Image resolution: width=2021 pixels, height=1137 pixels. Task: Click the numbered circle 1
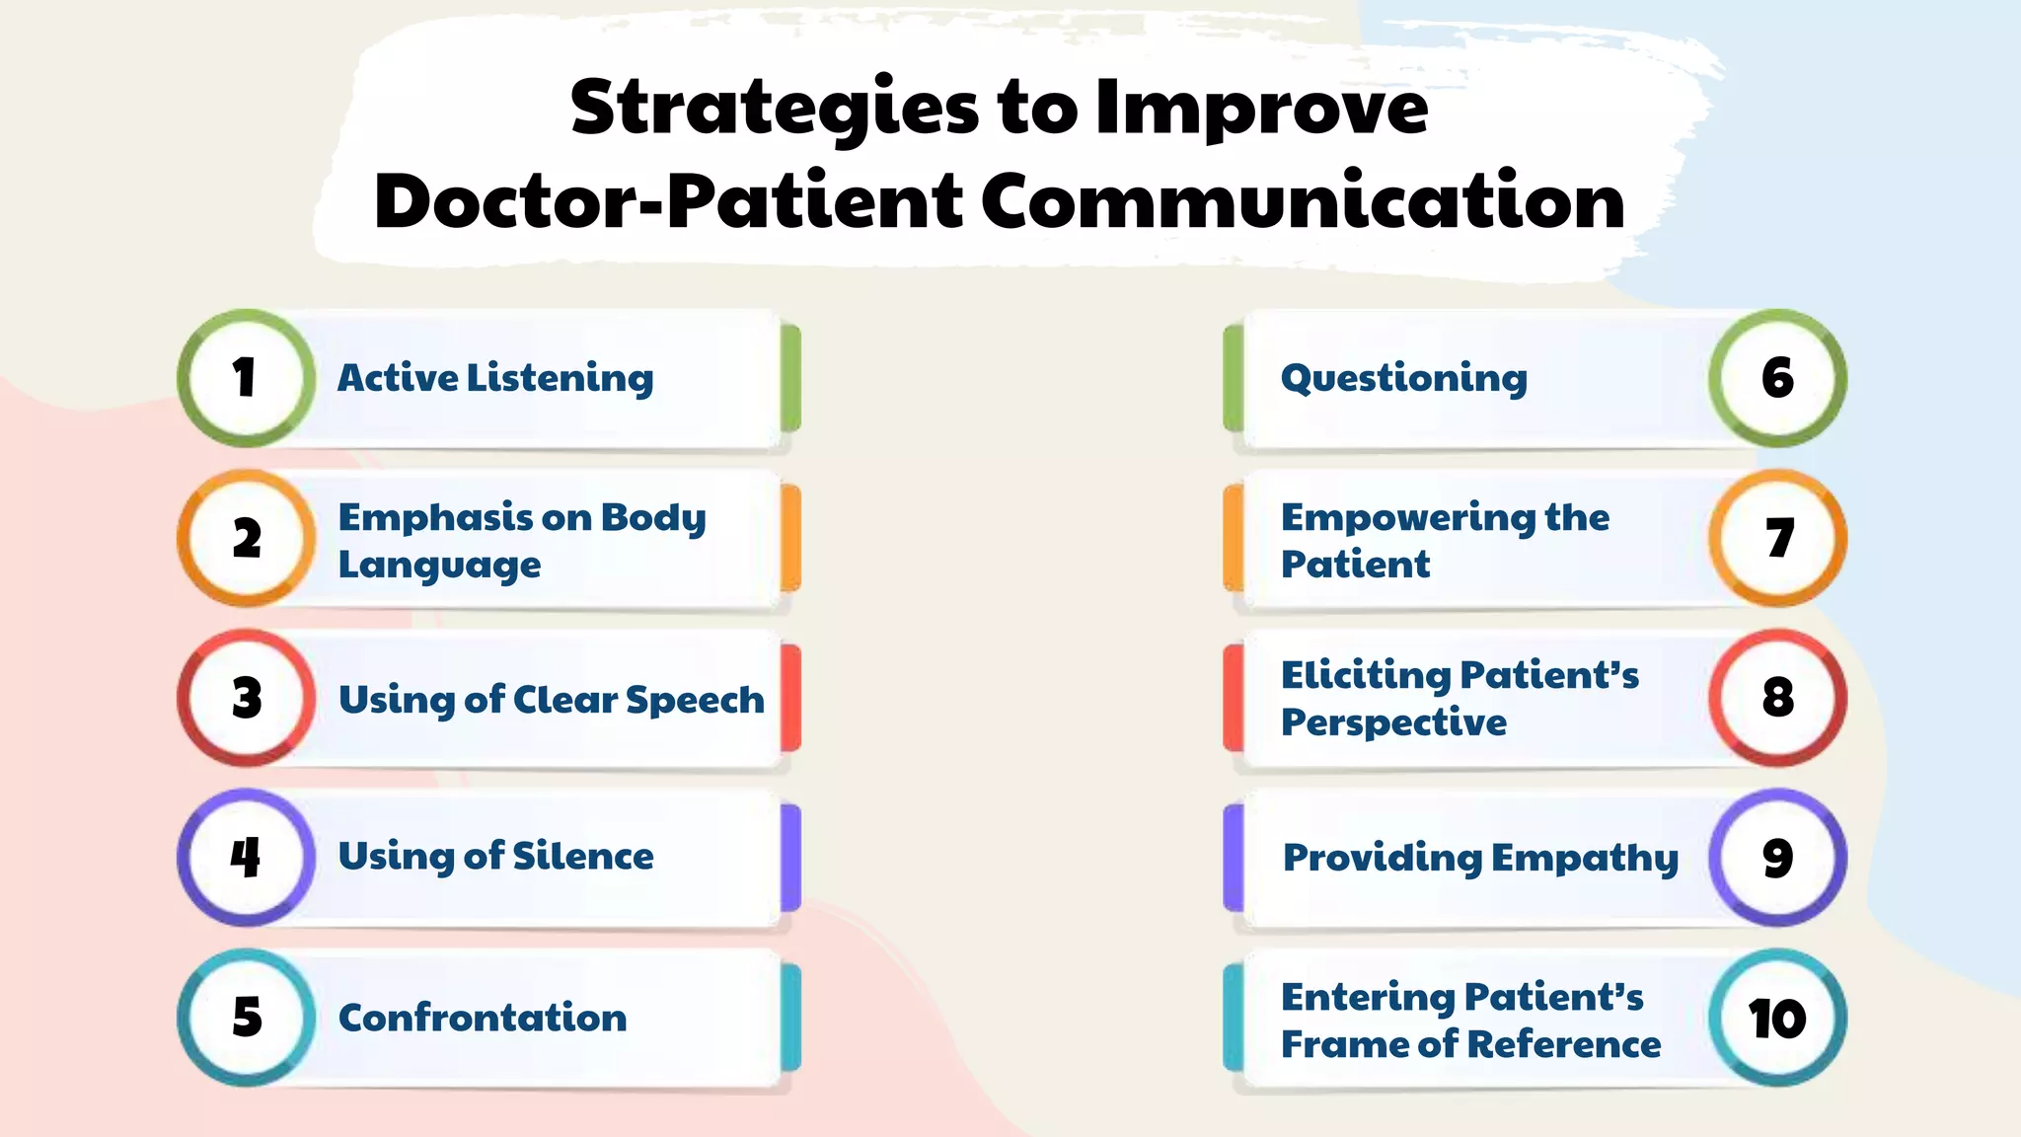pos(247,378)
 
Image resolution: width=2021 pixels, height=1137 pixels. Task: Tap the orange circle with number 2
pos(247,538)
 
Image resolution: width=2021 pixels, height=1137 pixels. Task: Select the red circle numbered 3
pos(247,698)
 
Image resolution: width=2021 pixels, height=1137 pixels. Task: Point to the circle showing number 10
pos(1777,1018)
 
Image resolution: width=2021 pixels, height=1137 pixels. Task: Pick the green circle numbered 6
pos(1777,378)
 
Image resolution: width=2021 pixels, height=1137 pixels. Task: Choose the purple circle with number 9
pos(1777,857)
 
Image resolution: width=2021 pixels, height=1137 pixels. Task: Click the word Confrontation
pos(483,1018)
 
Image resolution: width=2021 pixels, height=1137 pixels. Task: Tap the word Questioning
pos(1403,378)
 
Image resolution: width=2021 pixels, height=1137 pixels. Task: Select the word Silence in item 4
pos(582,856)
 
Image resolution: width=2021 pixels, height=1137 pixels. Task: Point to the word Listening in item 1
pos(560,378)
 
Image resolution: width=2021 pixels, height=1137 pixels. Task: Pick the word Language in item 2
pos(439,565)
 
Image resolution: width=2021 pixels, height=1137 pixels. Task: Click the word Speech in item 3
pos(695,700)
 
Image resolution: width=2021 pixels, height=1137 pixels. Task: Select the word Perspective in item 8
pos(1393,722)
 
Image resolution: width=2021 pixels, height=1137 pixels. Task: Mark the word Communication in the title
pos(1302,200)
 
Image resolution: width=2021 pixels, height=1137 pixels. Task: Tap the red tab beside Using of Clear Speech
pos(790,698)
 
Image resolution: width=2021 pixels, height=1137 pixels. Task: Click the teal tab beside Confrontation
pos(790,1018)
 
